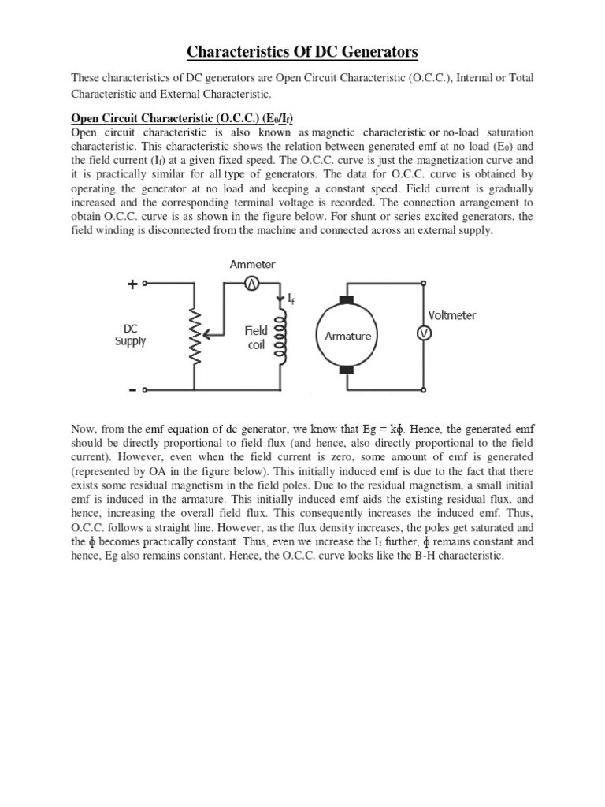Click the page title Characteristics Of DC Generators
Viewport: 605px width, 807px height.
click(x=302, y=53)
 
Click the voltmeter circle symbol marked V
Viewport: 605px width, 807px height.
click(x=421, y=333)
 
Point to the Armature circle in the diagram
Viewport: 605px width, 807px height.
click(x=348, y=336)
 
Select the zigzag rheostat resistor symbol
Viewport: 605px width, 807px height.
click(x=191, y=336)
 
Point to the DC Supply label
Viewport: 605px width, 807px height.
click(x=131, y=335)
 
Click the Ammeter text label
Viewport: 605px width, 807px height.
click(x=252, y=265)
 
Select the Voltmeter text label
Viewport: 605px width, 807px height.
click(x=451, y=315)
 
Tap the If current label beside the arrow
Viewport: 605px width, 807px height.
click(x=291, y=299)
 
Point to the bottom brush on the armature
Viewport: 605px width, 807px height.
click(x=348, y=370)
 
